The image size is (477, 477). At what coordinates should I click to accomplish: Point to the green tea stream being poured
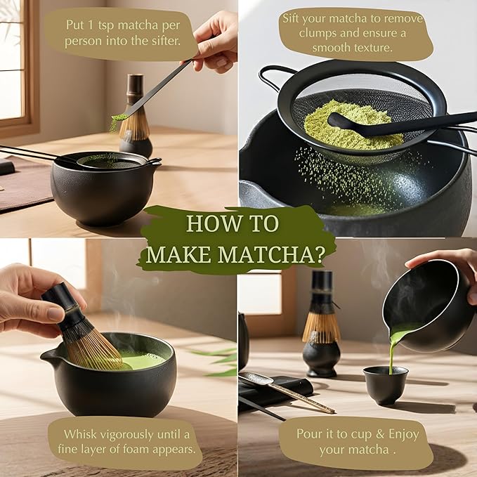[x=393, y=348]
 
